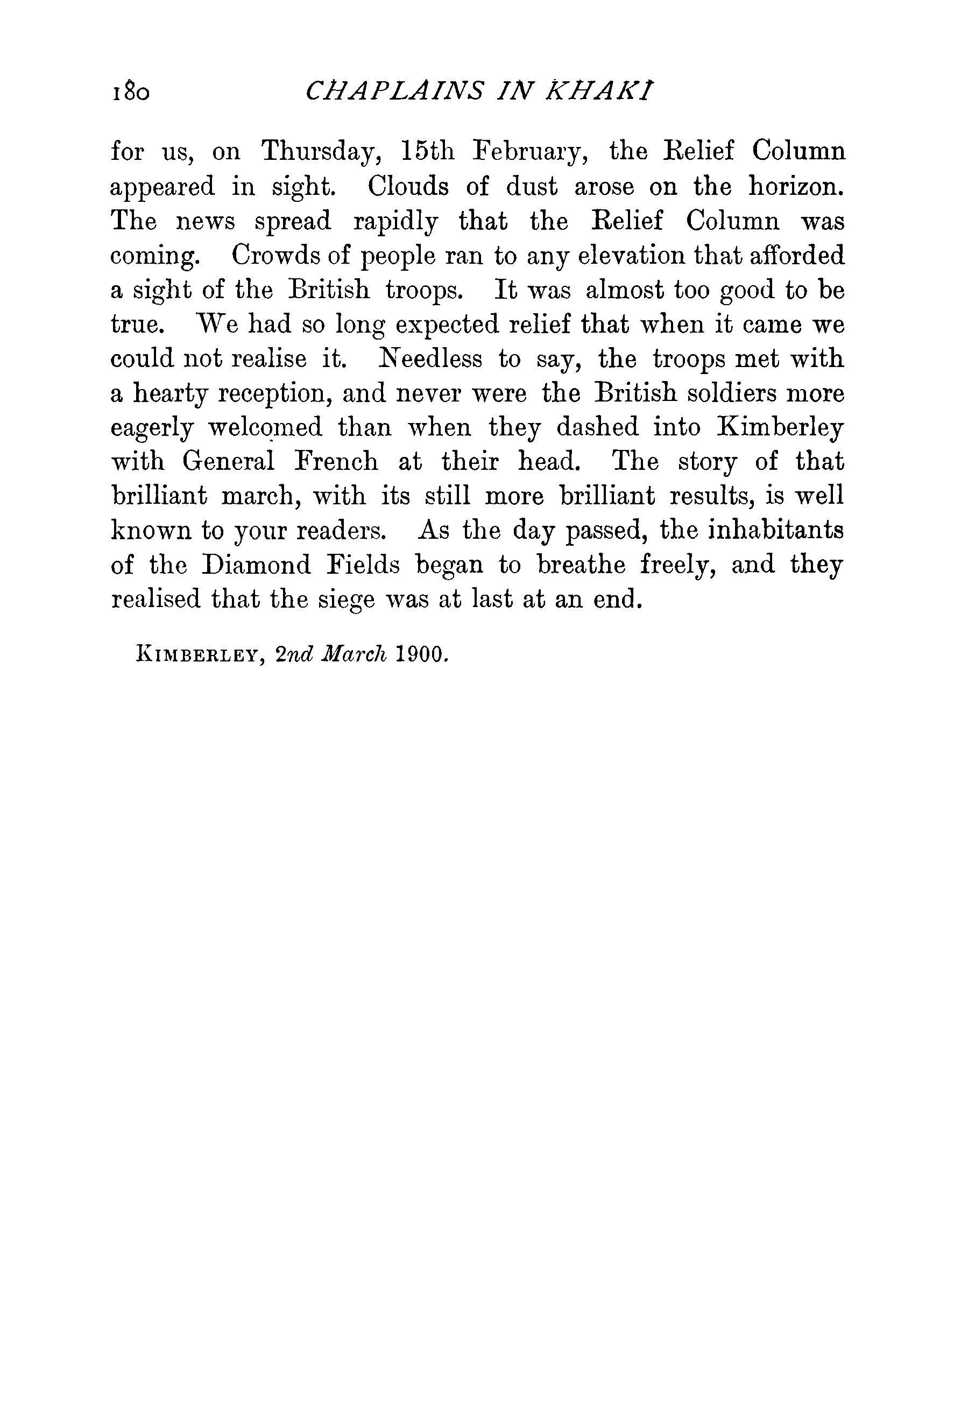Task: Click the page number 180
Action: point(130,93)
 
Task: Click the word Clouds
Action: point(408,186)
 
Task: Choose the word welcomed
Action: point(265,428)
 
